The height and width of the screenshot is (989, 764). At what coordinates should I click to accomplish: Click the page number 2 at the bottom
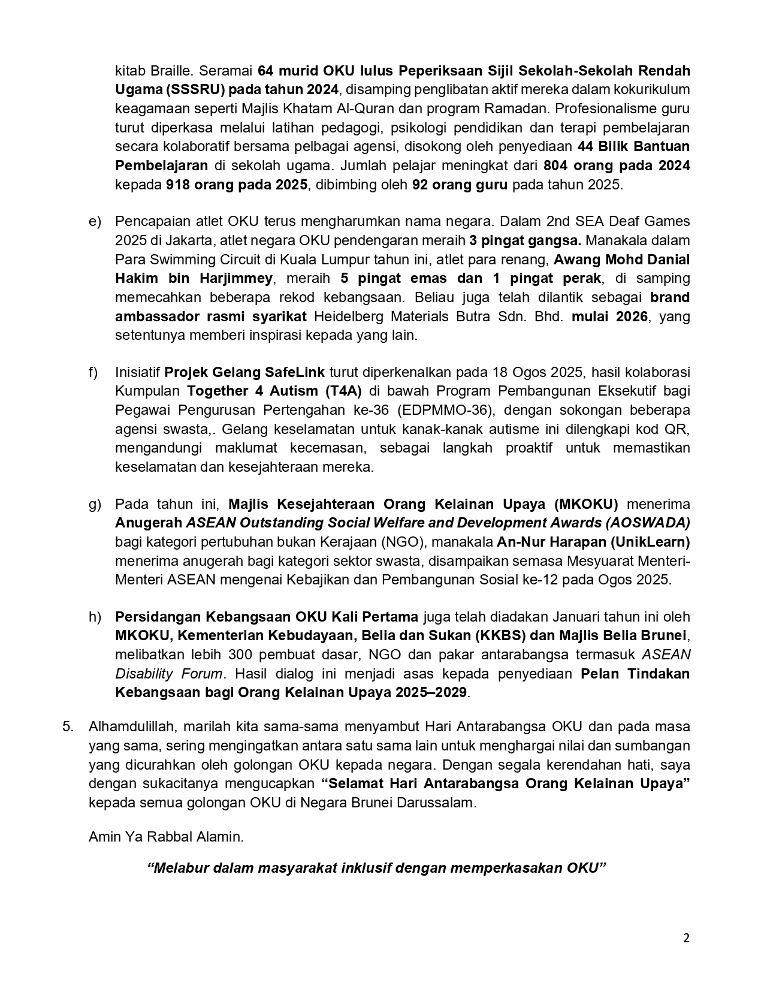(686, 938)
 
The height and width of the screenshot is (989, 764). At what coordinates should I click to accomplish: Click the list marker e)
(95, 221)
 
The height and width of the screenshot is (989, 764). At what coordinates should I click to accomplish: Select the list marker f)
(93, 372)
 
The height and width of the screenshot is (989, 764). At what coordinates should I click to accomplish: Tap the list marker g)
(95, 504)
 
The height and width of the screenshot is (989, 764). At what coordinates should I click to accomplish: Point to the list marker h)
(95, 617)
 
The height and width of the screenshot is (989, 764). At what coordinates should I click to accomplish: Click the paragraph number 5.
(68, 726)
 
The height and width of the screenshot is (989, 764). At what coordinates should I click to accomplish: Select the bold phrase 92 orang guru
(460, 185)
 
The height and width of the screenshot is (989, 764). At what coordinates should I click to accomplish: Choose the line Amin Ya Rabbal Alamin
(166, 836)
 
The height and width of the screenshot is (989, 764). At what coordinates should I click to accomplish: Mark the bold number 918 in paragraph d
(178, 185)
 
